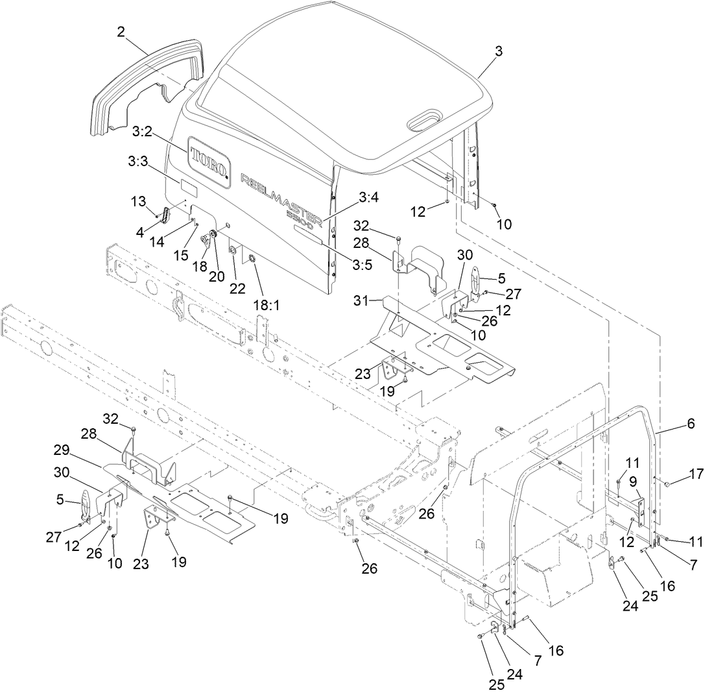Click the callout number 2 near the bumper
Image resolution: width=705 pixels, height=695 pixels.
click(x=121, y=31)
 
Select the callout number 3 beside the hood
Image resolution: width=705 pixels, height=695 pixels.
click(x=498, y=53)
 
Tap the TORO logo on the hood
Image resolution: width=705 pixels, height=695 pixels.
click(x=208, y=158)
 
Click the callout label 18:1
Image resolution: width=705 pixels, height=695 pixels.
click(x=266, y=304)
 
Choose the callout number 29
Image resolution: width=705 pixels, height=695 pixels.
click(x=91, y=450)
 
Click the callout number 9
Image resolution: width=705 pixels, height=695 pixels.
click(x=632, y=482)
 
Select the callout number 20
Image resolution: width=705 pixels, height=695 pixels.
click(x=216, y=276)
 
